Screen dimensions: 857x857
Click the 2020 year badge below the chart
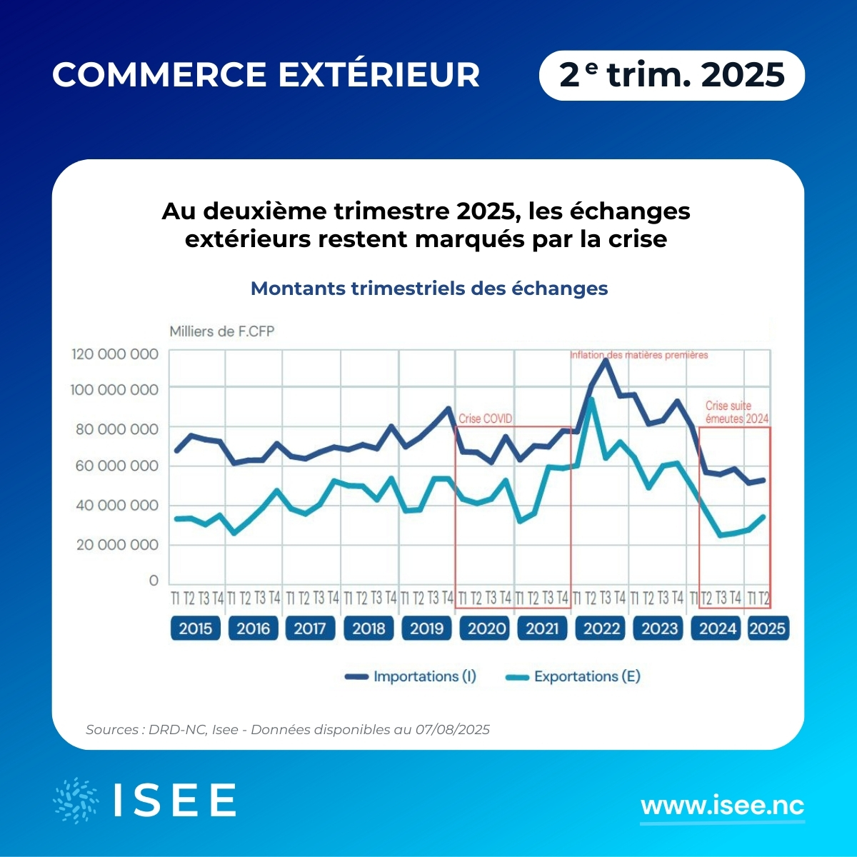tap(486, 628)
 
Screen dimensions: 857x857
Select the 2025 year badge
tap(768, 628)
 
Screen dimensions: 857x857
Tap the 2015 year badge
tap(195, 628)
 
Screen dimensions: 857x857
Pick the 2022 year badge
tap(601, 628)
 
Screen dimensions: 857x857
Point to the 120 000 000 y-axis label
tap(114, 354)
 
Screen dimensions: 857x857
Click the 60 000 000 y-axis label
tap(114, 466)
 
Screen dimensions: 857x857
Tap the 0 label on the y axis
tap(154, 581)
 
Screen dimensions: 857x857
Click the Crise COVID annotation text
tap(485, 419)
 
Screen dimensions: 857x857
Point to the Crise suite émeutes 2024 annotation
tap(736, 412)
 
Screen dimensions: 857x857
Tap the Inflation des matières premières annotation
tap(638, 355)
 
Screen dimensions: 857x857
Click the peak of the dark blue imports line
tap(606, 360)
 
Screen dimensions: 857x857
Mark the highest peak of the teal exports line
tap(591, 399)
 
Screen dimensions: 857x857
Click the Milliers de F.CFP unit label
tap(221, 331)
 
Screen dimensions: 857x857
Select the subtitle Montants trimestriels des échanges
tap(429, 289)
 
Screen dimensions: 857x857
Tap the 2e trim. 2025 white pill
tap(671, 75)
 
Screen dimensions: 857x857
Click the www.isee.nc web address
tap(722, 806)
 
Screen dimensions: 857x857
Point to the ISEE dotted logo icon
tap(76, 800)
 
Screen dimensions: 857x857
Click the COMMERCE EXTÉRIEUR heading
tap(266, 75)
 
